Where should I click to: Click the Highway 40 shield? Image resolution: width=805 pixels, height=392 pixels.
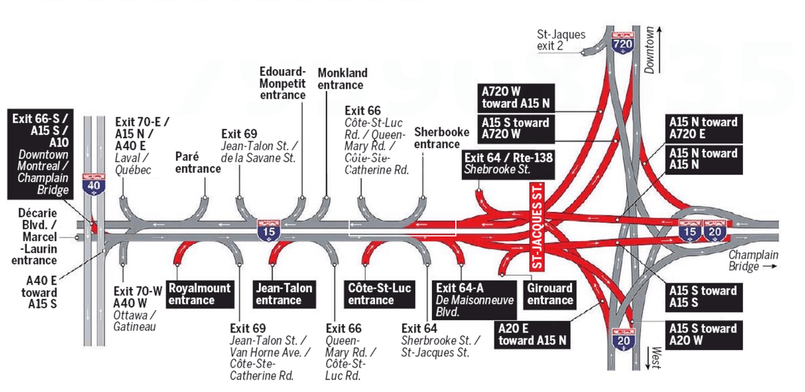point(94,183)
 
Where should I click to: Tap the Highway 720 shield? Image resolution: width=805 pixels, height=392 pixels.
point(622,42)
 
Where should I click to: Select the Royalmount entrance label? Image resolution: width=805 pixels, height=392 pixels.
point(200,294)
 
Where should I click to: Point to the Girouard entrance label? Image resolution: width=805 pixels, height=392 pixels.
point(550,294)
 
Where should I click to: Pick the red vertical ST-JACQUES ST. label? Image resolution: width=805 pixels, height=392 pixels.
point(538,226)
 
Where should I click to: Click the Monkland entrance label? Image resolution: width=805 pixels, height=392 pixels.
point(342,79)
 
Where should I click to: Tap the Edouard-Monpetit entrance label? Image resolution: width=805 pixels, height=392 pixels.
point(283,83)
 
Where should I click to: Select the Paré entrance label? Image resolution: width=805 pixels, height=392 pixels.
point(197,163)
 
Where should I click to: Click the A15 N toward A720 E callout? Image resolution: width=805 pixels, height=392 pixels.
point(703,128)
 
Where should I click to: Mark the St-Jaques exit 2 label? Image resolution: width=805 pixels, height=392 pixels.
point(561,40)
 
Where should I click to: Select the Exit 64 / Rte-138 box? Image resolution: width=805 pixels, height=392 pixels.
point(508,164)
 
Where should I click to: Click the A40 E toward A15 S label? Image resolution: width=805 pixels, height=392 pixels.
point(39,292)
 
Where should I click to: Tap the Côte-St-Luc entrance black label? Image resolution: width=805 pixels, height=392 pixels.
point(379,294)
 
